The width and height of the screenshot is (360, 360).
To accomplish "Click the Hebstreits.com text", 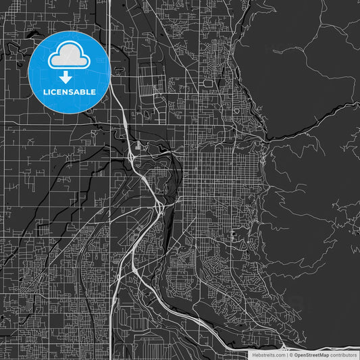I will (266, 354).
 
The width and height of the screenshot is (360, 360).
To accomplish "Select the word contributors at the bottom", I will (343, 354).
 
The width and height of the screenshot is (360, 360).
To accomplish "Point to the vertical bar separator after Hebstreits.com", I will (286, 354).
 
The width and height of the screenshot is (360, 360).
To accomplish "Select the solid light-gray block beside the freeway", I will (138, 145).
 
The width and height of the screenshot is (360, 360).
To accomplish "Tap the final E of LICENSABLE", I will (93, 91).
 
